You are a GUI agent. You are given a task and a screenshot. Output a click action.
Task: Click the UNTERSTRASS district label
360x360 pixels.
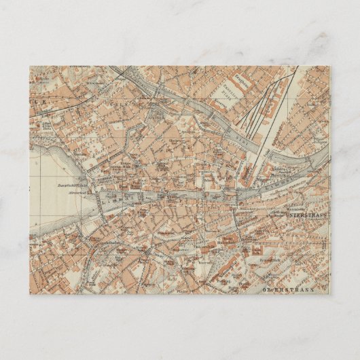tap(306, 215)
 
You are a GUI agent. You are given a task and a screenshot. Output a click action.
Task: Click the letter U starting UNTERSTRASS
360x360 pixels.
tap(288, 215)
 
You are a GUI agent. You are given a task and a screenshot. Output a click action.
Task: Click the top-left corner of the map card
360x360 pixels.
tap(31, 66)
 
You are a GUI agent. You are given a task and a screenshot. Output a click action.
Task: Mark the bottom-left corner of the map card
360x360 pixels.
tap(31, 294)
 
